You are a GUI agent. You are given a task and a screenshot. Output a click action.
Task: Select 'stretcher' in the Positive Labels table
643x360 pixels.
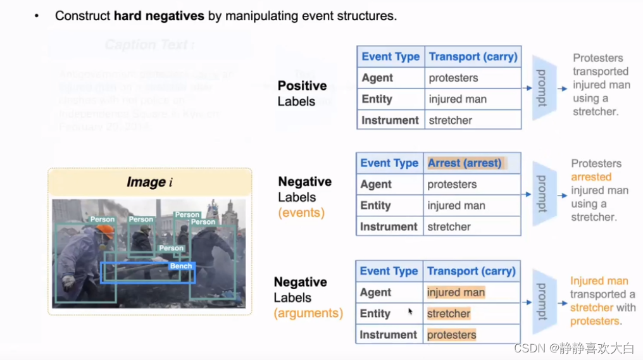tap(450, 120)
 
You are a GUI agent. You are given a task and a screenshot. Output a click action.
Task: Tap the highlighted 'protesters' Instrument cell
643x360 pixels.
tap(451, 335)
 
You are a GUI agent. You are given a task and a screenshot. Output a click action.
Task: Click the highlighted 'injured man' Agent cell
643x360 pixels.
tap(456, 292)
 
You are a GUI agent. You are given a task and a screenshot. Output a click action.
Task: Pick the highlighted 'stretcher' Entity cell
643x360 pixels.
tap(448, 314)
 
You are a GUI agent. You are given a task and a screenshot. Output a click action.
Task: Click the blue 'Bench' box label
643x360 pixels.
tap(180, 266)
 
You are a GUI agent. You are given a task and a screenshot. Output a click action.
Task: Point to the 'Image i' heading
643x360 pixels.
tap(149, 182)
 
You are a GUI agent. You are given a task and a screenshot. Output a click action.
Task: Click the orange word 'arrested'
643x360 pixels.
tap(591, 177)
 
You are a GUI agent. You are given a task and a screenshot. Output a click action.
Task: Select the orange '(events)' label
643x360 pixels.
tap(301, 213)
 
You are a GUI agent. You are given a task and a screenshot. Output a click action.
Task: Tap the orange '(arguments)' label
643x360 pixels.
tap(308, 313)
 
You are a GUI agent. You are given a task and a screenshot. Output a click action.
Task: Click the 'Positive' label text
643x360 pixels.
tap(302, 86)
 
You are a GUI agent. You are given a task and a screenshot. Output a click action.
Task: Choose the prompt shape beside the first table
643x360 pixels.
tap(543, 88)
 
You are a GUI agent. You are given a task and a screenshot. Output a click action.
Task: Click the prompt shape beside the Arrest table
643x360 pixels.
tap(543, 194)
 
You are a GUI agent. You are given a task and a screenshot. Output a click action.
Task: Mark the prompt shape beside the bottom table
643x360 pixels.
tap(543, 302)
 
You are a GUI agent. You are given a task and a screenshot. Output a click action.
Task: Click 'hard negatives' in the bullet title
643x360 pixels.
tap(159, 16)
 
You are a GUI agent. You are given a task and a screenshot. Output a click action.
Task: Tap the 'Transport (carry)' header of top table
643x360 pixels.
tap(473, 57)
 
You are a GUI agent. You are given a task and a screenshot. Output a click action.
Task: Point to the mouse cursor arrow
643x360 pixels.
tap(410, 311)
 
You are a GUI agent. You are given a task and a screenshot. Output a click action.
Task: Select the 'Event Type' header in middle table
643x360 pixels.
tap(389, 163)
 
